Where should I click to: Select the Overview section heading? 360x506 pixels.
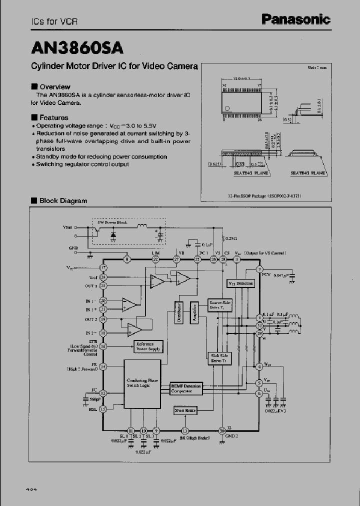pyautogui.click(x=54, y=86)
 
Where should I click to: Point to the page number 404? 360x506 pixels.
pyautogui.click(x=30, y=489)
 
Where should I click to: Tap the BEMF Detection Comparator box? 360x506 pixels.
pyautogui.click(x=185, y=388)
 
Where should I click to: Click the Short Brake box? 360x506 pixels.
pyautogui.click(x=185, y=410)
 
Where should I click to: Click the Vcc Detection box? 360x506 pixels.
pyautogui.click(x=241, y=283)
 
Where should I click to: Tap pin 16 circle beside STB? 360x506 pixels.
pyautogui.click(x=103, y=346)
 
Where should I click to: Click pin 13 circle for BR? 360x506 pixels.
pyautogui.click(x=185, y=430)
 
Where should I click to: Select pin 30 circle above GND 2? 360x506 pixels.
pyautogui.click(x=222, y=430)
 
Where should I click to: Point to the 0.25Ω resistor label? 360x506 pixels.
pyautogui.click(x=230, y=238)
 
